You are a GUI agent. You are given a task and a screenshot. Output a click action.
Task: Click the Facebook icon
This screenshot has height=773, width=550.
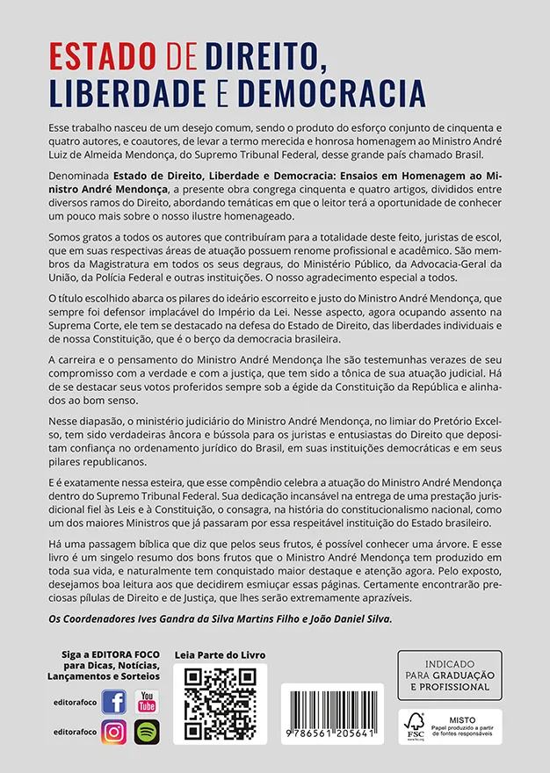click(x=113, y=701)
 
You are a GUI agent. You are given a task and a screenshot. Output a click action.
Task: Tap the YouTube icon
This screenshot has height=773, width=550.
click(x=147, y=701)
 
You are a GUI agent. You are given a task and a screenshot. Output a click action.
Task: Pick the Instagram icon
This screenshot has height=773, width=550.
click(x=113, y=731)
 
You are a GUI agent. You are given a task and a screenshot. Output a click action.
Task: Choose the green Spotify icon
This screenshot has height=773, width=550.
click(x=147, y=731)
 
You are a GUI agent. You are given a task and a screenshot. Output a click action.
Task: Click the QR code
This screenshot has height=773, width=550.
click(x=220, y=703)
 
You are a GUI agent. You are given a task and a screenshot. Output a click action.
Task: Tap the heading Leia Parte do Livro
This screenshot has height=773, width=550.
click(x=220, y=655)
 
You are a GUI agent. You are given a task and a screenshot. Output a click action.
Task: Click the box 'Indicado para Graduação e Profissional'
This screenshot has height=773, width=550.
click(x=449, y=675)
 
